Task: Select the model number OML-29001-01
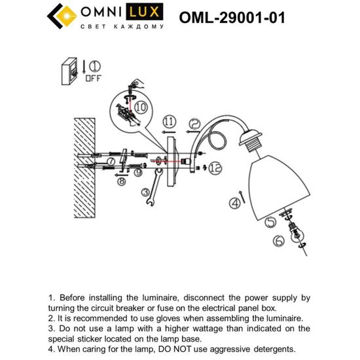click(232, 18)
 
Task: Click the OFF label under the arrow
click(94, 78)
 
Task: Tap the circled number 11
click(169, 122)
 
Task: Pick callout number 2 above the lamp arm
click(194, 122)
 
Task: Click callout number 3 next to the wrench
click(144, 192)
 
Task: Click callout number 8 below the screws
click(122, 183)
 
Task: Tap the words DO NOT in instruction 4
click(180, 349)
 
